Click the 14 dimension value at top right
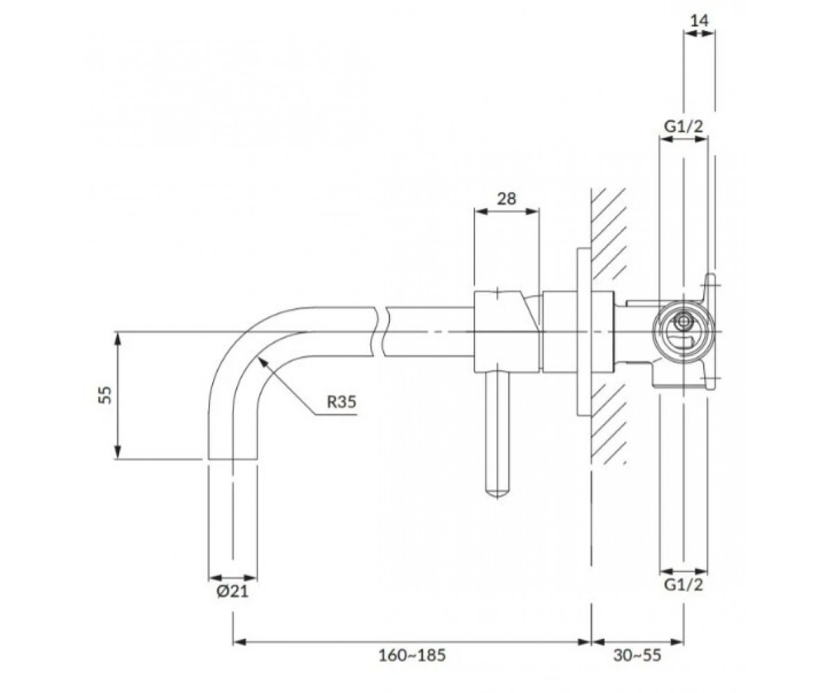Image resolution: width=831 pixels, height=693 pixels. pos(699,20)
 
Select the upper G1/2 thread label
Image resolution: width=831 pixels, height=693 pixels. pos(683,127)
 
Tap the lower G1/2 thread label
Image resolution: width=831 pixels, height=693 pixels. pos(683,585)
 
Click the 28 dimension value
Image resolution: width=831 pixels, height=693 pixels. pos(507,198)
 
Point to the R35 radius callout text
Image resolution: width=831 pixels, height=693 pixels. pos(341,402)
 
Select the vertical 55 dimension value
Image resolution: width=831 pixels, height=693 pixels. pos(105,395)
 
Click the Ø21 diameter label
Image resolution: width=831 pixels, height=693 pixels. pos(233,591)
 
